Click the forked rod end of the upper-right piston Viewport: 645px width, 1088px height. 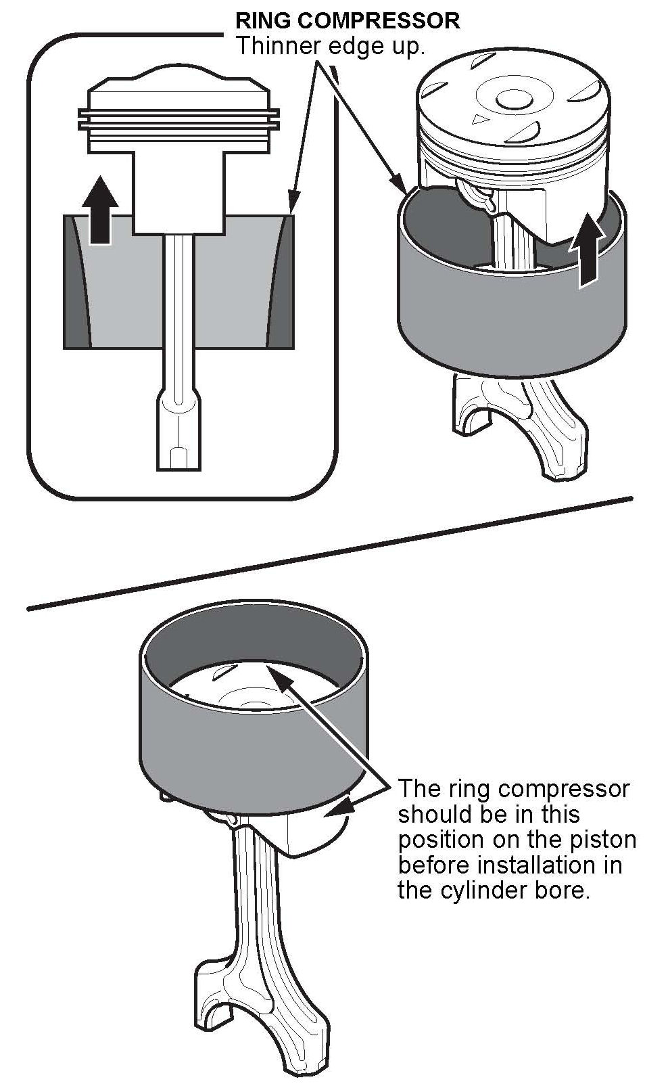pyautogui.click(x=519, y=428)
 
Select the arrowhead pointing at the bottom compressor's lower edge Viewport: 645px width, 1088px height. pyautogui.click(x=339, y=808)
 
